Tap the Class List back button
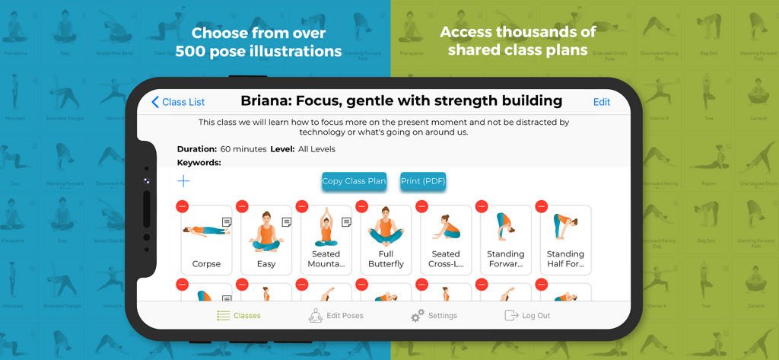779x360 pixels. click(x=178, y=102)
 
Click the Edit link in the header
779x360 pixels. click(x=601, y=102)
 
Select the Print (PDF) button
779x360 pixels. click(x=423, y=181)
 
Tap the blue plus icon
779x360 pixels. click(x=183, y=181)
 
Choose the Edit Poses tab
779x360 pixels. click(x=335, y=316)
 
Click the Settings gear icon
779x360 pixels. click(x=418, y=316)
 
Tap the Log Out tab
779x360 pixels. click(x=527, y=316)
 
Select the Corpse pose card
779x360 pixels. click(x=206, y=240)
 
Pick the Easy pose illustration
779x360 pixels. click(x=266, y=231)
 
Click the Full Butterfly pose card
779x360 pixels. click(x=386, y=240)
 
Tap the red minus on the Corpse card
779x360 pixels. click(x=182, y=206)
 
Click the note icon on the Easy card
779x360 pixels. click(x=287, y=222)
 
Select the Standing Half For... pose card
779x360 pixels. click(x=565, y=240)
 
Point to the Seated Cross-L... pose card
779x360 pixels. click(x=446, y=240)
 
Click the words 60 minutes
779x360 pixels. click(x=243, y=149)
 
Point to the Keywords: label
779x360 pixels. click(x=199, y=162)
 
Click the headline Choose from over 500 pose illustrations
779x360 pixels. click(x=259, y=43)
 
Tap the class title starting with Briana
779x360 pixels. click(x=401, y=101)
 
